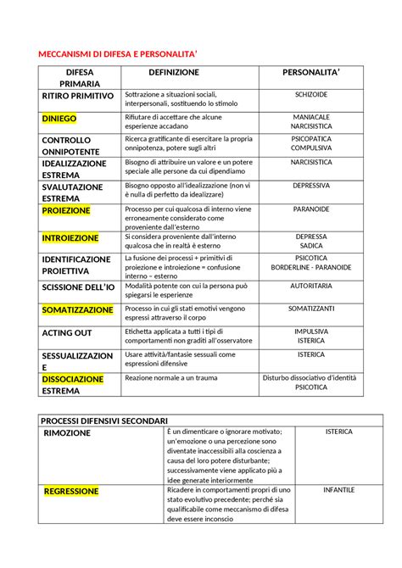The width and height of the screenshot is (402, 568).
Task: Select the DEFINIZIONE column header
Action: tap(173, 73)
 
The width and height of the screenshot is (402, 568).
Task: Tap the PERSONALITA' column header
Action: tap(311, 73)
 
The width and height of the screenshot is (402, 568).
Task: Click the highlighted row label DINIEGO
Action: tap(65, 119)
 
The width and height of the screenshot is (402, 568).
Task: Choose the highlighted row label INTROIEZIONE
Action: tap(70, 238)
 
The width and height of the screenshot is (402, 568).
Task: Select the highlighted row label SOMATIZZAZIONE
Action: tap(77, 310)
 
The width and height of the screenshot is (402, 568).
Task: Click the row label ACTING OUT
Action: tap(67, 332)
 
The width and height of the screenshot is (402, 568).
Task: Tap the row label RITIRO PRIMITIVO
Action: tap(77, 97)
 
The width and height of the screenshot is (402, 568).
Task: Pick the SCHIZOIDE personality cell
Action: tap(311, 94)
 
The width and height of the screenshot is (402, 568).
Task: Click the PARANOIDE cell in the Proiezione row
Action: tap(311, 209)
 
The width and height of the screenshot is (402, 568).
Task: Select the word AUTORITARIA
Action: tap(311, 287)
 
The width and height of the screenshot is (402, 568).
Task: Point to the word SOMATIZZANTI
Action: tap(311, 309)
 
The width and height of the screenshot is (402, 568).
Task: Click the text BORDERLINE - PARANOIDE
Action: tap(311, 267)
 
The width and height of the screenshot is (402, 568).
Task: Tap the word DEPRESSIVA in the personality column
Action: tap(311, 184)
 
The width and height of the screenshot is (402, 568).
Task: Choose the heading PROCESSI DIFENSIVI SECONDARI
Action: tap(106, 420)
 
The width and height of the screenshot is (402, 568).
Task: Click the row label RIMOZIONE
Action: tap(67, 433)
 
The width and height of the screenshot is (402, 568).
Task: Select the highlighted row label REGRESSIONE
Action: tap(71, 491)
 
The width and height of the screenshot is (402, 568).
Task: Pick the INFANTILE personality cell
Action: tap(338, 489)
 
